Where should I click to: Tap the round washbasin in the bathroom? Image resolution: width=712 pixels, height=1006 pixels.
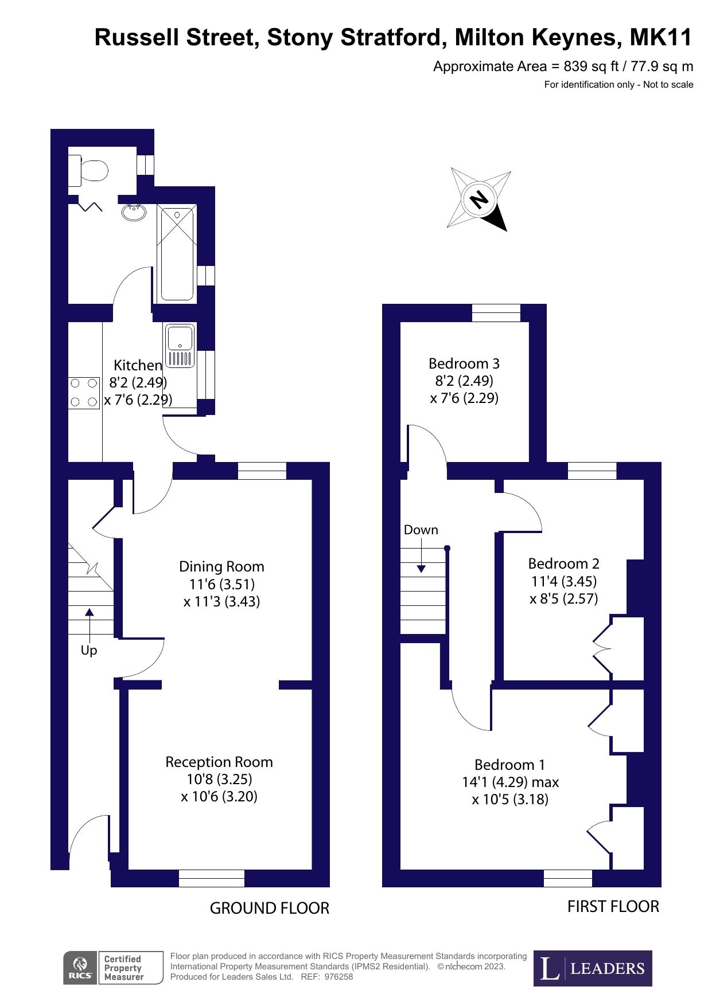[x=134, y=212]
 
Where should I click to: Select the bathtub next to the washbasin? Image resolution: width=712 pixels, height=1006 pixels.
[x=177, y=253]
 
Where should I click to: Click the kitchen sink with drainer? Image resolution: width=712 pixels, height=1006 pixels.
[x=180, y=345]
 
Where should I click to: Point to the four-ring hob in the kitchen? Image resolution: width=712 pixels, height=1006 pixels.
[x=84, y=393]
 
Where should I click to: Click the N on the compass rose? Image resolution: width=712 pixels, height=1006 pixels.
[x=479, y=199]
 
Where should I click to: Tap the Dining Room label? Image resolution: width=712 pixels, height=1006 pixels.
[x=221, y=566]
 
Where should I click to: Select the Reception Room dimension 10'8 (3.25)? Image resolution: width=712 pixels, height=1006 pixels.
[x=219, y=779]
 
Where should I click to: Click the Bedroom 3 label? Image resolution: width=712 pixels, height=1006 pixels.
[x=464, y=363]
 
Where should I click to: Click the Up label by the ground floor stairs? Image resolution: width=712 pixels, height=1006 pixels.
[x=89, y=650]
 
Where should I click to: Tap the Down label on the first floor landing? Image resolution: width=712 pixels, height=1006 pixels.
[x=421, y=530]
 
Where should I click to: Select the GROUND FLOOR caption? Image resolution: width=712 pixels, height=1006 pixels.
[x=269, y=908]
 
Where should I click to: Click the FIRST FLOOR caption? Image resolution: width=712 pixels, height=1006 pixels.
[x=613, y=906]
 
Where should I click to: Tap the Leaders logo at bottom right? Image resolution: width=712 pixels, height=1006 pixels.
[x=593, y=968]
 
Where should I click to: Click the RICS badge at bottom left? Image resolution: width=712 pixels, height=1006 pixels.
[x=80, y=968]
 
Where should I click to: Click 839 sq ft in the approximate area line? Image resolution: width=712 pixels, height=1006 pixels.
[x=590, y=66]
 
